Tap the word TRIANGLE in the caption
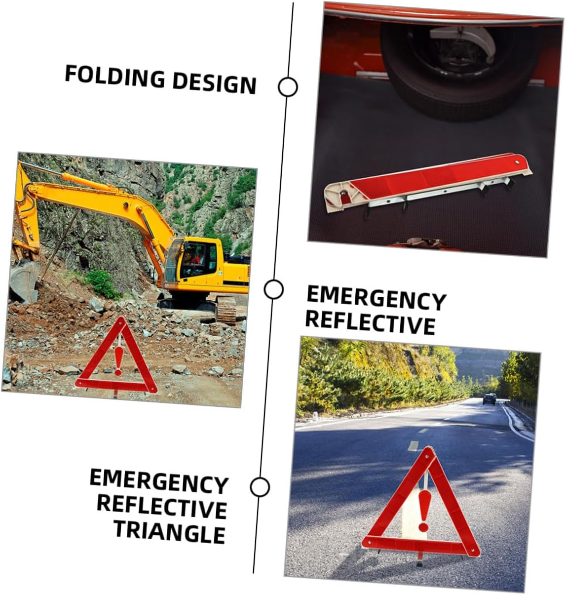(x=170, y=532)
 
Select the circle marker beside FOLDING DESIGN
(x=288, y=87)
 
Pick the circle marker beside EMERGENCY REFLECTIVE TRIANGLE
(x=260, y=487)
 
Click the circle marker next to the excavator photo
(x=273, y=289)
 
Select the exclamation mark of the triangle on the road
(x=423, y=511)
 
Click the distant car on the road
(x=489, y=399)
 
